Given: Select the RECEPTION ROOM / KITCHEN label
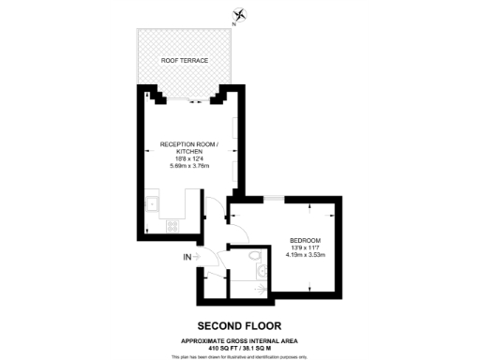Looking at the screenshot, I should (187, 148).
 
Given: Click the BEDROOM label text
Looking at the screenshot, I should (305, 238).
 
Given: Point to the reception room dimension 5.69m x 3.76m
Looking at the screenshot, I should (189, 166).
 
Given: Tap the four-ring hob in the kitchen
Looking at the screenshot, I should (172, 224).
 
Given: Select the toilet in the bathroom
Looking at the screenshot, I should (255, 256).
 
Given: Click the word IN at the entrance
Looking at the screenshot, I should (187, 255).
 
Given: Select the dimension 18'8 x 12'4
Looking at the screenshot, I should (188, 159).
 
